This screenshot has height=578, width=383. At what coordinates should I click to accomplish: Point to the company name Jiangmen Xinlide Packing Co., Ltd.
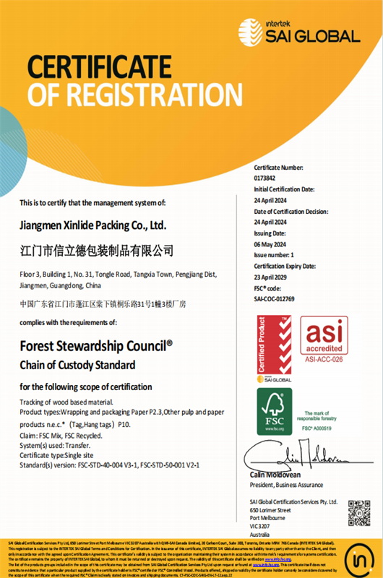pos(98,225)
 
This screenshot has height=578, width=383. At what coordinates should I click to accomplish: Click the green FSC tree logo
pos(275,410)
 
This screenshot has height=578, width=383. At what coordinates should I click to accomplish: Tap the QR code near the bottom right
pos(358,513)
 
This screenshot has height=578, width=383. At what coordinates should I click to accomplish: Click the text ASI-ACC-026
pos(324,358)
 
